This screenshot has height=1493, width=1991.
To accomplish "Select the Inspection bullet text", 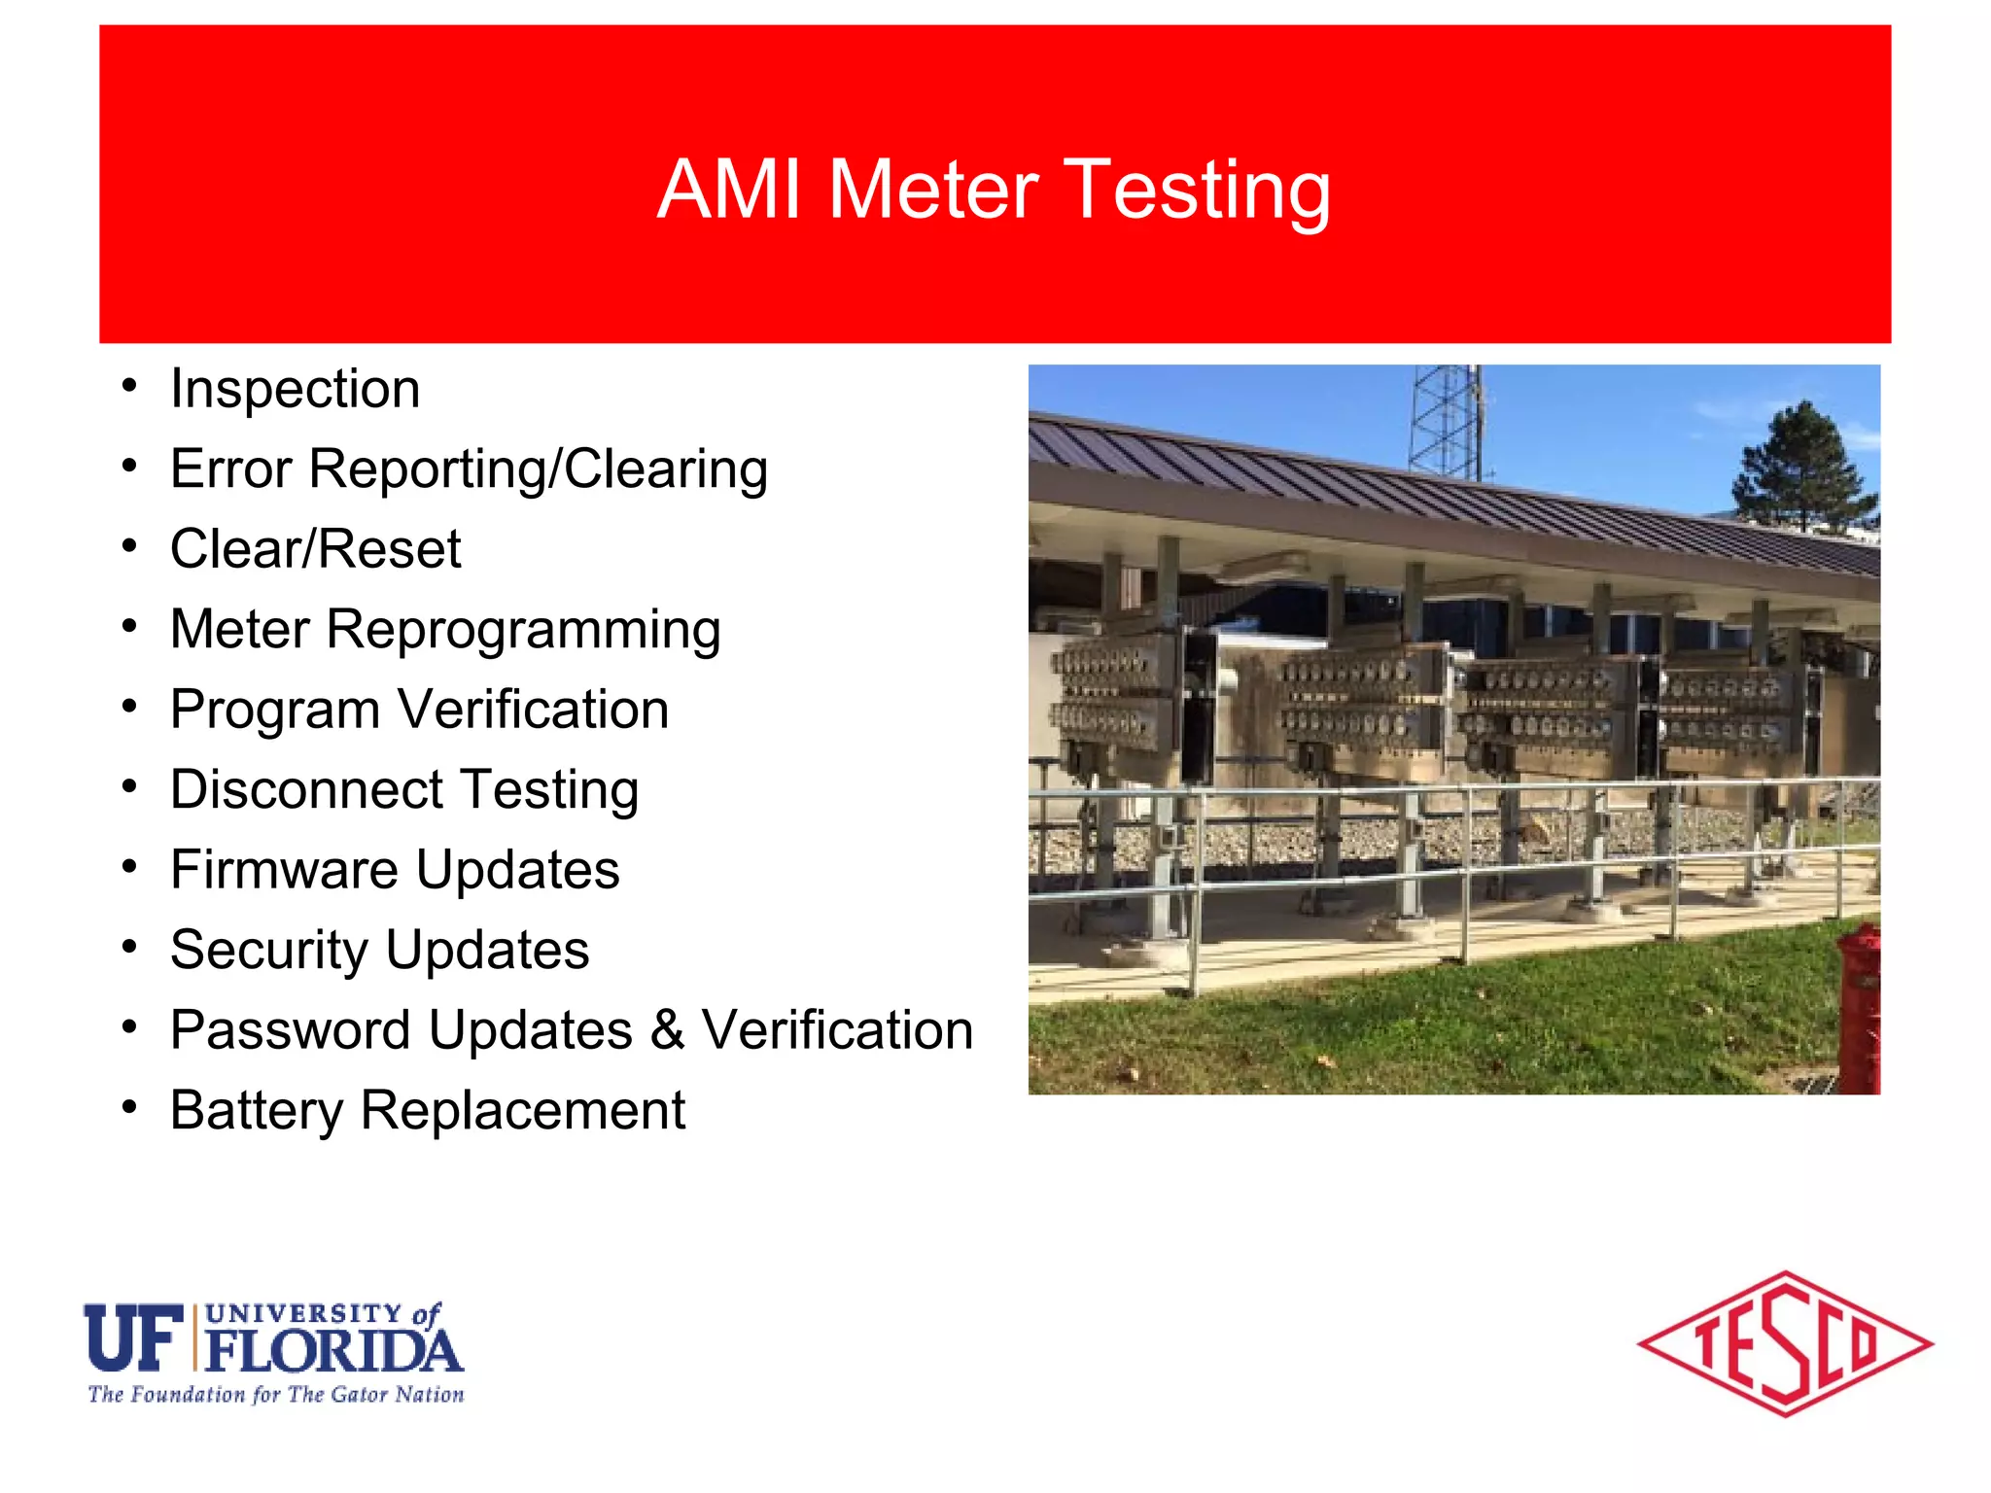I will click(x=295, y=390).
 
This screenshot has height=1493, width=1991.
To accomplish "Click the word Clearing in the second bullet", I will click(x=666, y=469).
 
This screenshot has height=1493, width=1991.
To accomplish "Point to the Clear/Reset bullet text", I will click(x=315, y=549).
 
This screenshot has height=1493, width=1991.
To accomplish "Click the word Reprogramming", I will click(x=523, y=630).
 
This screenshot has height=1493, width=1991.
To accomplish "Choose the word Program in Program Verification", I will click(x=275, y=710).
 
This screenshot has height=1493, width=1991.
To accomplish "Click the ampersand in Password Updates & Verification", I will click(x=667, y=1029).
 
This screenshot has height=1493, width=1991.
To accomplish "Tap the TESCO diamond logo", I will click(x=1785, y=1344).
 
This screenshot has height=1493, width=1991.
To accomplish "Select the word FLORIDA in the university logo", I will click(x=333, y=1351).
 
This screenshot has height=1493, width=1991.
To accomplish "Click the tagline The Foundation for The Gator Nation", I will click(x=276, y=1395).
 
